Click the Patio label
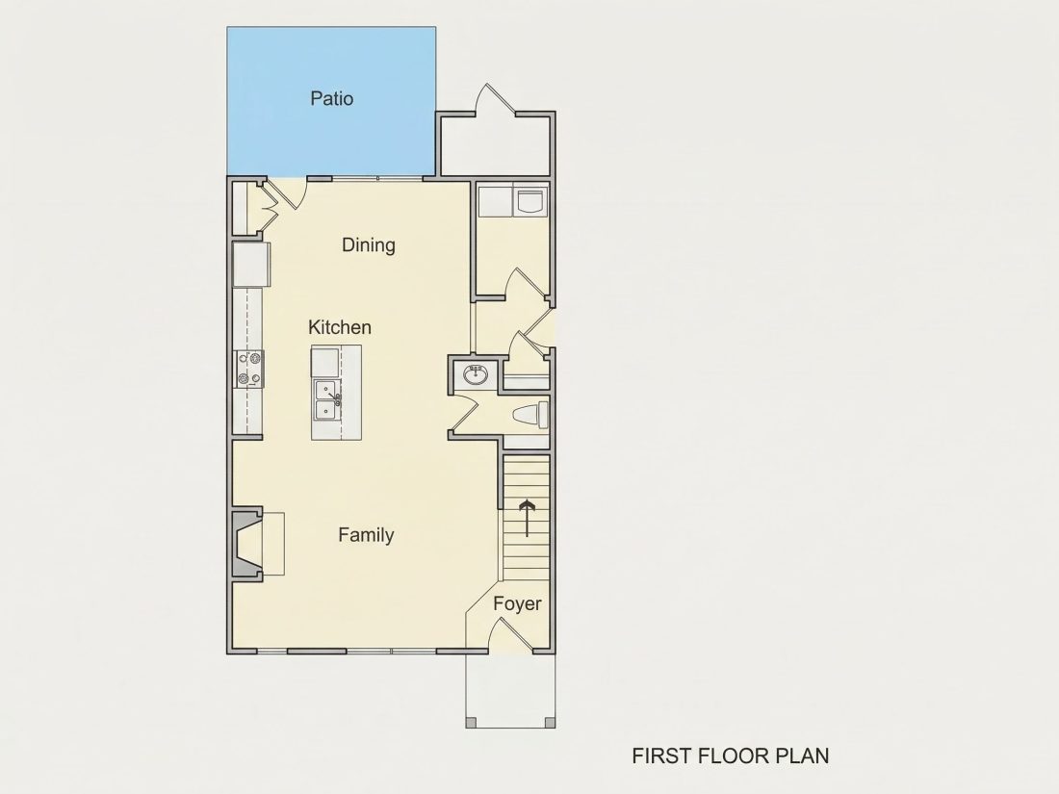pyautogui.click(x=331, y=98)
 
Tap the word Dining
pyautogui.click(x=368, y=245)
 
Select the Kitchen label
pyautogui.click(x=340, y=327)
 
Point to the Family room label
pyautogui.click(x=366, y=535)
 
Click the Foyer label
pyautogui.click(x=517, y=603)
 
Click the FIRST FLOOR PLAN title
pyautogui.click(x=731, y=756)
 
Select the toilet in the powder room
pyautogui.click(x=530, y=414)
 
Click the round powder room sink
pyautogui.click(x=477, y=374)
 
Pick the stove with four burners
pyautogui.click(x=249, y=369)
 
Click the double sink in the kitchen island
pyautogui.click(x=327, y=399)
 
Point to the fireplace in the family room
pyautogui.click(x=247, y=544)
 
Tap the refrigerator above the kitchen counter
pyautogui.click(x=252, y=264)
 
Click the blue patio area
pyautogui.click(x=331, y=101)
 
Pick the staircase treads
pyautogui.click(x=526, y=518)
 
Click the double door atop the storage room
pyautogui.click(x=497, y=98)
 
